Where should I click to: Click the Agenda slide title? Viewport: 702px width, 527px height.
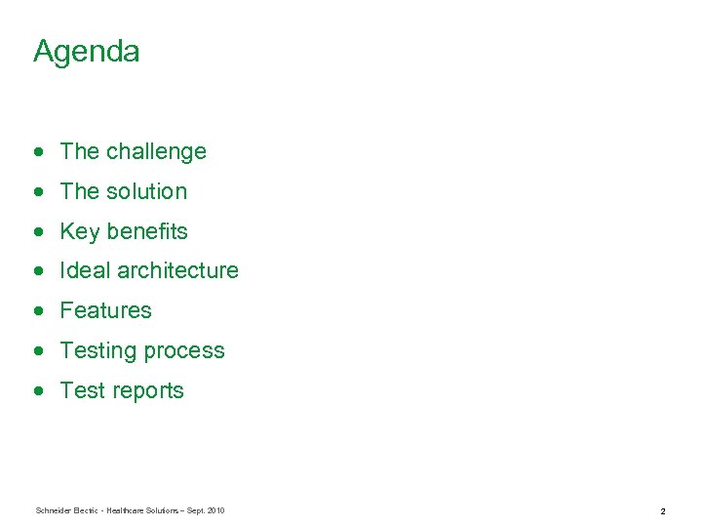[86, 52]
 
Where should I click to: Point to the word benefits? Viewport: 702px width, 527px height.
[147, 232]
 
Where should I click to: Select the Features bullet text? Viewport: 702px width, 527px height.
[105, 311]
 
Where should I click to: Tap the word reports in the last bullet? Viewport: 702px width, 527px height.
[147, 391]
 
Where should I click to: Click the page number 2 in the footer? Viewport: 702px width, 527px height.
[662, 511]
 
